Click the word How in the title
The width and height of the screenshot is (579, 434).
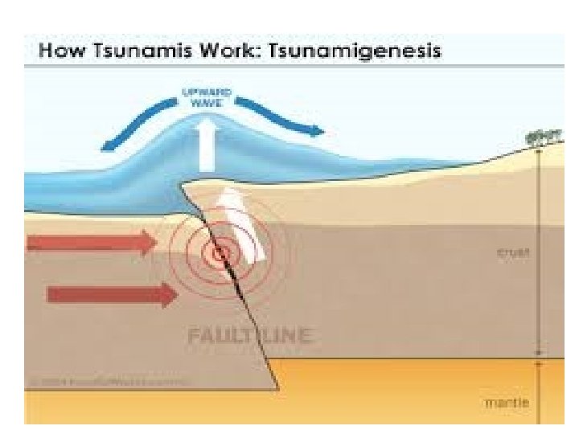[x=60, y=51]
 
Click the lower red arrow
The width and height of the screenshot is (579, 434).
[x=113, y=294]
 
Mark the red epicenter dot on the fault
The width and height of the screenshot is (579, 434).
[x=218, y=253]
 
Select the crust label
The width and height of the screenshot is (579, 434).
[x=510, y=252]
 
